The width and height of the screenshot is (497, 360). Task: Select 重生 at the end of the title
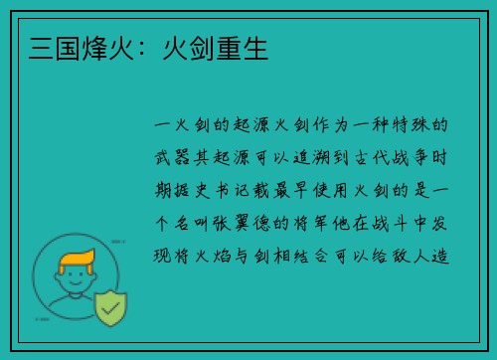(x=245, y=46)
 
